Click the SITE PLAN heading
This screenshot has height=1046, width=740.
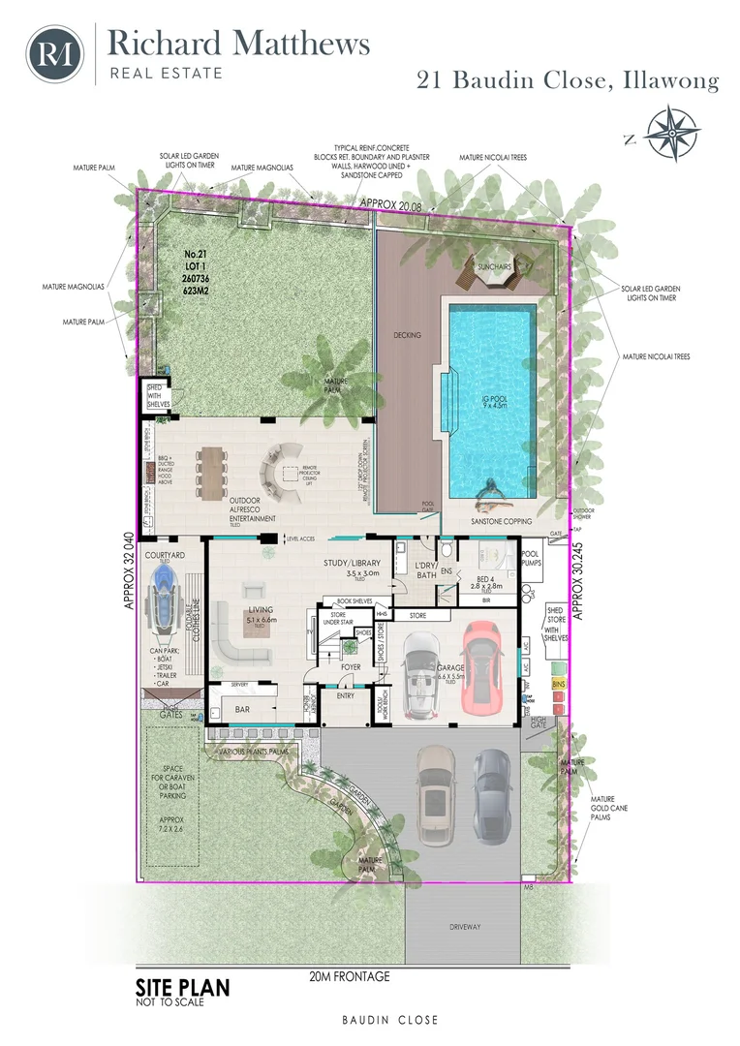(183, 989)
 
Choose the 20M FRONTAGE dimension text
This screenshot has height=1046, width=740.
(350, 976)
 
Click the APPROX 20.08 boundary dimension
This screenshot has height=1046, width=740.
(393, 203)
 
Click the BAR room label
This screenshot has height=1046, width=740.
(244, 709)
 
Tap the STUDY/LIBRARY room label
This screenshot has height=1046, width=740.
(359, 562)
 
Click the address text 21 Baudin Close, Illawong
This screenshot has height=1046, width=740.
(568, 81)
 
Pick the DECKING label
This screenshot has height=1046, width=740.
(408, 335)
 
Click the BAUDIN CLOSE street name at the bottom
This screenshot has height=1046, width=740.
(389, 1020)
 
